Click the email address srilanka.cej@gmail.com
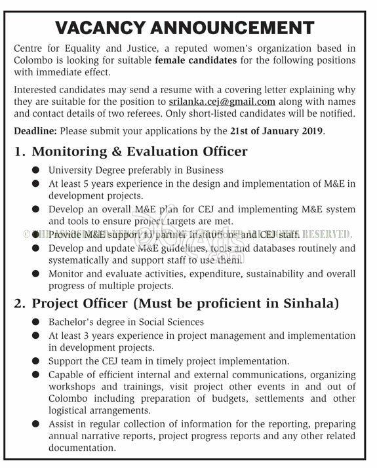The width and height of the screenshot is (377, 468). [222, 102]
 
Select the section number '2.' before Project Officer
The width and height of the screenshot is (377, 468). [20, 304]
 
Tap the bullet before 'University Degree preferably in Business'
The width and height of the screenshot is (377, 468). [35, 170]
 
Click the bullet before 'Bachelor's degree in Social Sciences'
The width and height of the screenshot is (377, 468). [35, 322]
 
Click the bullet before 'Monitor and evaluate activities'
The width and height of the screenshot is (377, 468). [35, 273]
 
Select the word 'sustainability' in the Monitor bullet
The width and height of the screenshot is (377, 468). [278, 273]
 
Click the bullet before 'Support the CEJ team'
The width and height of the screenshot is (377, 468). [35, 361]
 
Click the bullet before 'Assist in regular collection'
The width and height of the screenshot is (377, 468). [35, 424]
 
